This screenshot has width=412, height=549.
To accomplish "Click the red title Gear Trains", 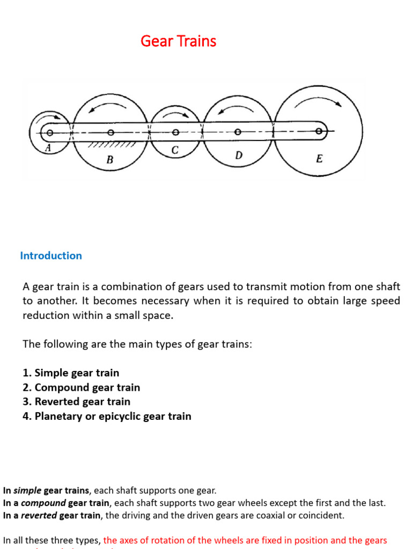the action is pos(178,41).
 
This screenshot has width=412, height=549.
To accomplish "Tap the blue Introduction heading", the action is pos(51,256).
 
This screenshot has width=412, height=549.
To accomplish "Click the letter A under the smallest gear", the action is pos(48,150).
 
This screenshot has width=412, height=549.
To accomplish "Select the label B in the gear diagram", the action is pos(109,159).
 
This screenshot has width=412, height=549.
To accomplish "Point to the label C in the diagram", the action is pos(175,151).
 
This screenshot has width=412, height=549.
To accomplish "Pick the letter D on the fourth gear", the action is pos(239,155).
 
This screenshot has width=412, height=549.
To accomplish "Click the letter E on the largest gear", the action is pos(319,159).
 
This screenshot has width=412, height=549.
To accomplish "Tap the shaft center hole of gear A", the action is pos(49,132).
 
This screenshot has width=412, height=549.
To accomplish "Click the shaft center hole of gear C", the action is pos(175,132).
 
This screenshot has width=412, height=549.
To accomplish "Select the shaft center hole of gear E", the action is pos(319,131).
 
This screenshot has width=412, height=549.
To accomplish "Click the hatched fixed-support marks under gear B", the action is pos(111,144).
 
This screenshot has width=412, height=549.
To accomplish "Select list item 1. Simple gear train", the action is pos(71,373).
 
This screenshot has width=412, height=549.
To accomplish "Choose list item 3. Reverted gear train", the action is pos(76,402).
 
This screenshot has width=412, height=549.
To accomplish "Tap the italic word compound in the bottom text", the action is pos(43,503).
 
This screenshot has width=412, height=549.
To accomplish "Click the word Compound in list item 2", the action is pos(60,387).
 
